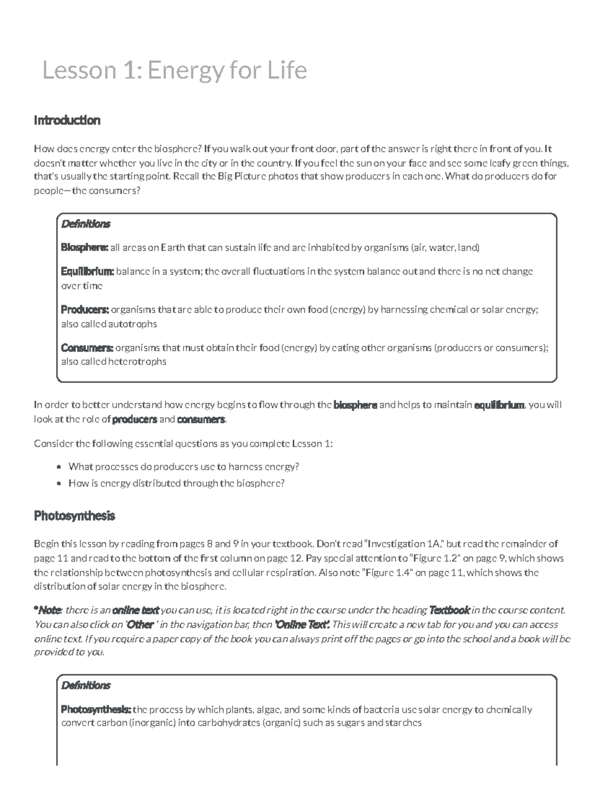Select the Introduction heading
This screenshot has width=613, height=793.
pyautogui.click(x=67, y=121)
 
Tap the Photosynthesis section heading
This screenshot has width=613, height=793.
pyautogui.click(x=75, y=516)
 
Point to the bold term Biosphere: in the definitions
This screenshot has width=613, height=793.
pyautogui.click(x=84, y=248)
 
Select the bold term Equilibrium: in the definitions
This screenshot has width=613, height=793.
pyautogui.click(x=87, y=272)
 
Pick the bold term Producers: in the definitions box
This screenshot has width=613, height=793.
pyautogui.click(x=85, y=309)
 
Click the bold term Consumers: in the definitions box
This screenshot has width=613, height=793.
pyautogui.click(x=87, y=348)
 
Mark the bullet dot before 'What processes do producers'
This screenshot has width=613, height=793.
pyautogui.click(x=59, y=467)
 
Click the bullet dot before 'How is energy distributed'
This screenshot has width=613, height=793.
pyautogui.click(x=59, y=483)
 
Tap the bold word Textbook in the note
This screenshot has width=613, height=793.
pyautogui.click(x=450, y=610)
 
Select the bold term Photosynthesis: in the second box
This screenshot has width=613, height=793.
pyautogui.click(x=96, y=710)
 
